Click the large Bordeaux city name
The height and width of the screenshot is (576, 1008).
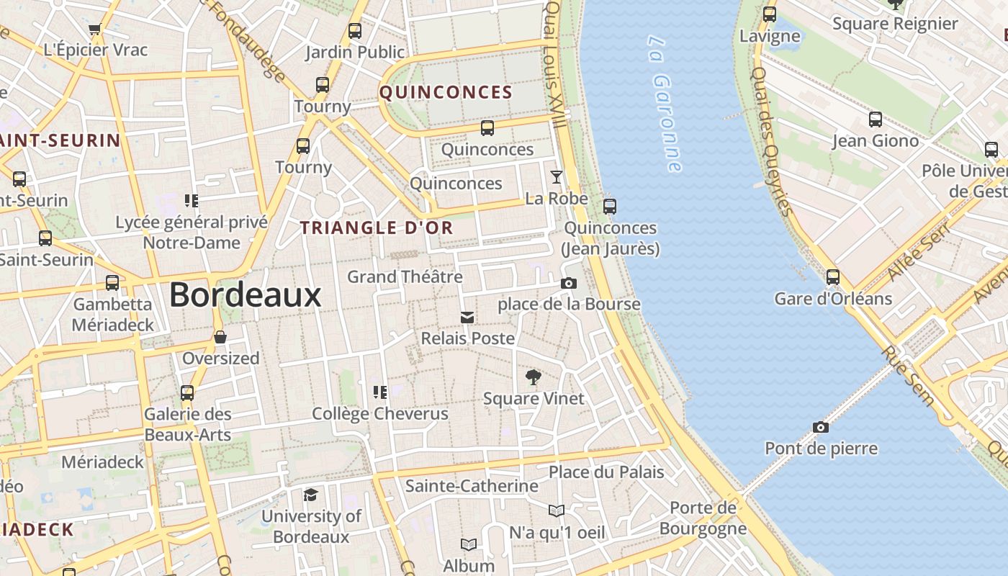(x=245, y=294)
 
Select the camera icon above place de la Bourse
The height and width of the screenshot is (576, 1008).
(x=569, y=283)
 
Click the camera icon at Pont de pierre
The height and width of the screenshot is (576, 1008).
(x=820, y=427)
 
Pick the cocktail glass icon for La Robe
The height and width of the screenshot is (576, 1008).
(x=556, y=176)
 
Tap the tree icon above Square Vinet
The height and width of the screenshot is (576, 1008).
(x=533, y=377)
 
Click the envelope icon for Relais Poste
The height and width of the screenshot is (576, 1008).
(x=467, y=317)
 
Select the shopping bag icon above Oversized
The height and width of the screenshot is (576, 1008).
(x=220, y=337)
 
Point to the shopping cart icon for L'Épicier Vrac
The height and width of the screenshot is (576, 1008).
(x=94, y=30)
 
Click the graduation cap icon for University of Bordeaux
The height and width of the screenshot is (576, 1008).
(x=310, y=495)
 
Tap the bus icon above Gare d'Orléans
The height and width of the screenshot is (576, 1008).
(x=833, y=276)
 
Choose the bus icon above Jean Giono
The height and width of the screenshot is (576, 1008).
(x=876, y=120)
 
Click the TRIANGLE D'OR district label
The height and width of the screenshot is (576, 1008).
(x=377, y=228)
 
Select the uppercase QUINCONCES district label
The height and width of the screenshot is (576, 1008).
(x=446, y=92)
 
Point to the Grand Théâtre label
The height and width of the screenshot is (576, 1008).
(x=405, y=276)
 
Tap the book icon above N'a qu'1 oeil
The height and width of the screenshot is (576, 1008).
(x=556, y=510)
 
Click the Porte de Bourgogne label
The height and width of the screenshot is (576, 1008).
(x=703, y=518)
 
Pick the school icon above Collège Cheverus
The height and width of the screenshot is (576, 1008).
(x=379, y=392)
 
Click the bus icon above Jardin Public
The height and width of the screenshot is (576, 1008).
(x=354, y=31)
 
